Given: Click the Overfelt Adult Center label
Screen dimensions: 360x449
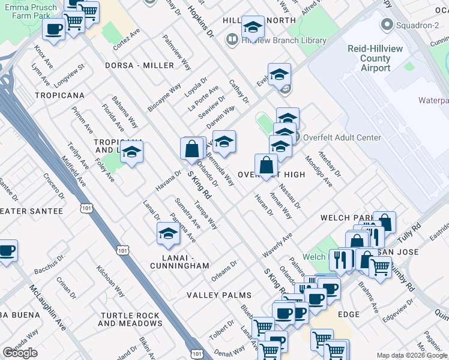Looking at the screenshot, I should click(x=342, y=137).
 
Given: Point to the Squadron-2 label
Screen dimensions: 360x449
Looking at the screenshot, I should click(x=414, y=26).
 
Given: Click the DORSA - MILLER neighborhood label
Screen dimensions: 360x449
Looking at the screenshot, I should click(x=139, y=65).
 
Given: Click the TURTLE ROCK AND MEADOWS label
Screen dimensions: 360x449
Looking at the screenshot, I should click(x=130, y=319).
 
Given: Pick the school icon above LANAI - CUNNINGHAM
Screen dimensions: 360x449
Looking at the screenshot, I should click(x=168, y=235).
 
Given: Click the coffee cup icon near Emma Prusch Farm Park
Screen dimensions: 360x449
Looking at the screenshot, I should click(x=54, y=29).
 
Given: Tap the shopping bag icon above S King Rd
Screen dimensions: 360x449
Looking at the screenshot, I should click(x=192, y=149).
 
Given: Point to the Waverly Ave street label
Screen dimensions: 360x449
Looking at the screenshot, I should click(x=277, y=246).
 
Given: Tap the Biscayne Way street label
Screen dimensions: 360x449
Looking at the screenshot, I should click(x=164, y=97).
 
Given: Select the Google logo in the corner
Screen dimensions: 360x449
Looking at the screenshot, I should click(x=20, y=353).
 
